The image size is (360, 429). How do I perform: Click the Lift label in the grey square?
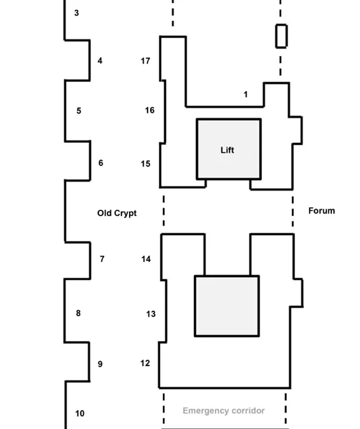(x=227, y=150)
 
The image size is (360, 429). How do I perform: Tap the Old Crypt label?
(x=117, y=213)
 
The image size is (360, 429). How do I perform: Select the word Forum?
(x=322, y=210)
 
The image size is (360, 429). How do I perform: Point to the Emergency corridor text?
(x=224, y=411)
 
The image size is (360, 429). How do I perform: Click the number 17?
(x=146, y=61)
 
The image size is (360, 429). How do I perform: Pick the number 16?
(x=149, y=110)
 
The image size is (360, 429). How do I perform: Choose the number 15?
(x=146, y=163)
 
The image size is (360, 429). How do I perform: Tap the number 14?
(x=146, y=259)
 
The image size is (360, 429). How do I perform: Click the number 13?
(x=151, y=314)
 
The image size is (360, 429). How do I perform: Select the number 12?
(x=145, y=363)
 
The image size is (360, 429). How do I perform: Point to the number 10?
(x=80, y=413)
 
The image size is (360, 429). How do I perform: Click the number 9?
(x=100, y=364)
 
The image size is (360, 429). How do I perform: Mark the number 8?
(x=78, y=313)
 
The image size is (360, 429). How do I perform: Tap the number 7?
(x=102, y=259)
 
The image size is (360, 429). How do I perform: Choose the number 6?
(x=100, y=163)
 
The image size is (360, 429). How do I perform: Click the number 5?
(x=79, y=111)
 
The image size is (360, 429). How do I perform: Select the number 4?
(x=100, y=60)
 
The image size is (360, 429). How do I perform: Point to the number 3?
(x=77, y=13)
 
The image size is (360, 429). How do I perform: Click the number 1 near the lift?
(x=246, y=95)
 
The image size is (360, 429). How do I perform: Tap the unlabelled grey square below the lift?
(x=227, y=306)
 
